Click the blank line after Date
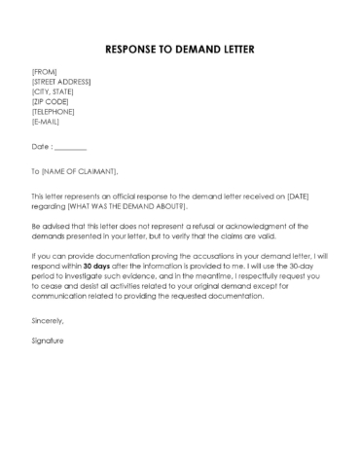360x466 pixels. [71, 147]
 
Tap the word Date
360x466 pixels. [40, 147]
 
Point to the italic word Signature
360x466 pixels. [48, 341]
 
